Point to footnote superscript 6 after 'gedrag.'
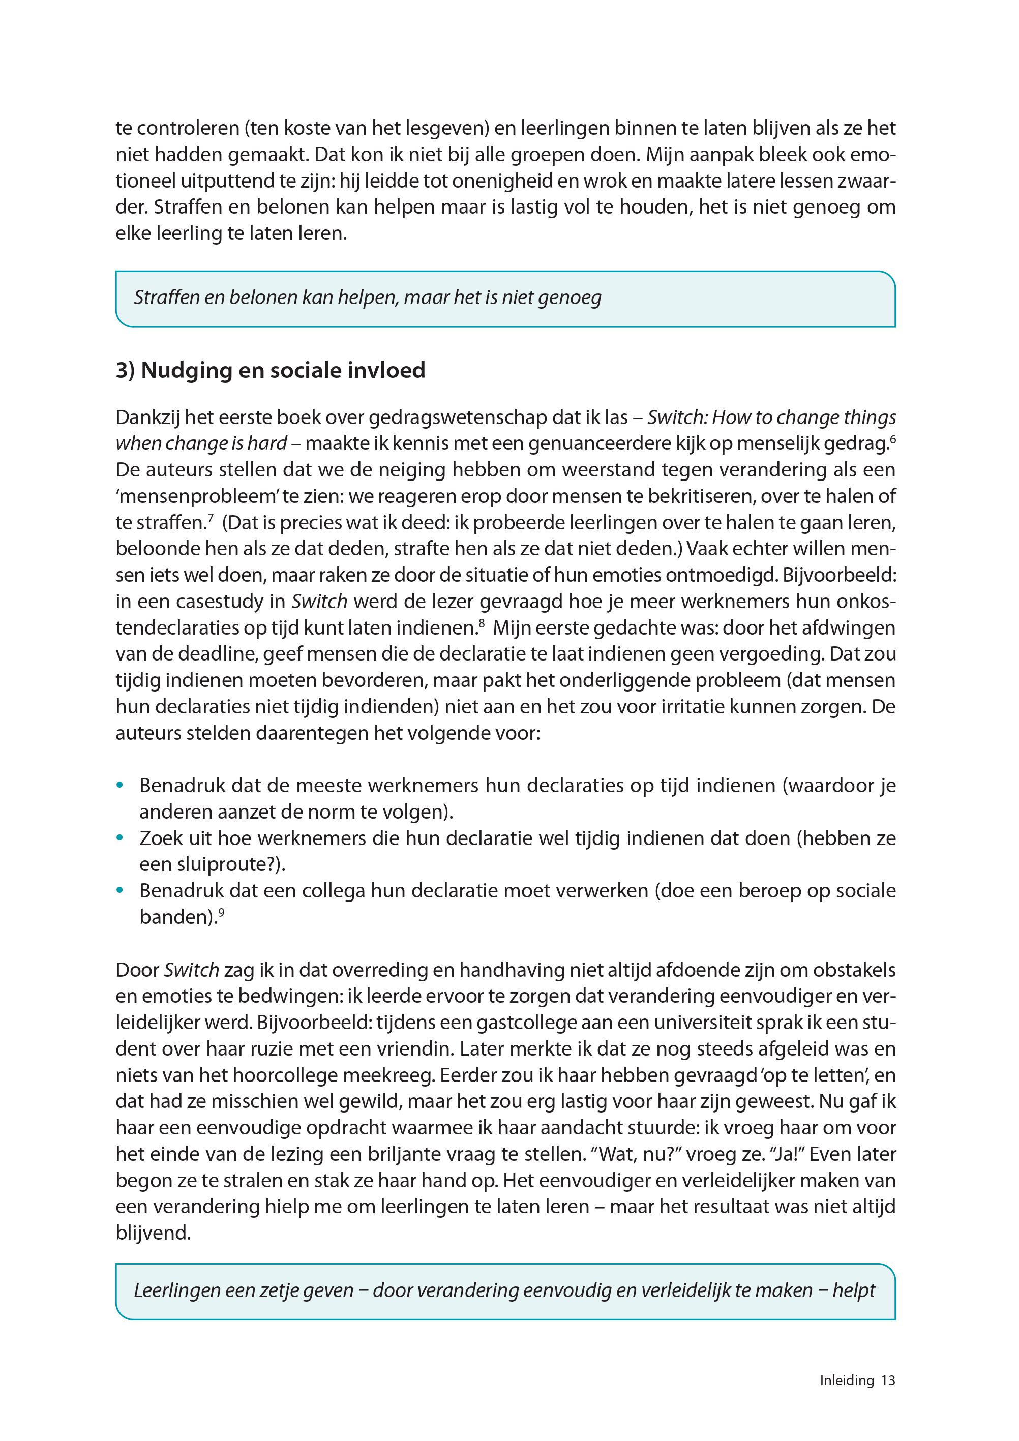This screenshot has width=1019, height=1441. click(892, 439)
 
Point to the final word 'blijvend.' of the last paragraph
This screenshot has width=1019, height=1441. click(153, 1233)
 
